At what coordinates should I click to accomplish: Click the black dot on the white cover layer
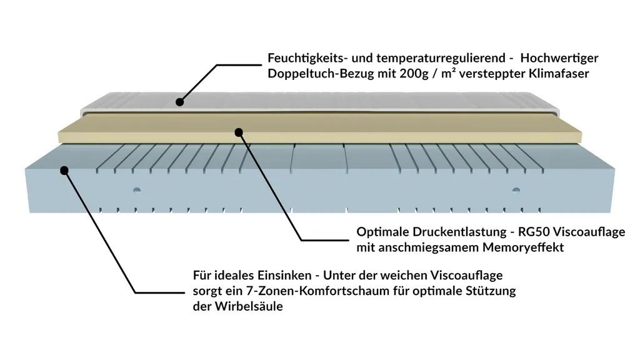click(180, 101)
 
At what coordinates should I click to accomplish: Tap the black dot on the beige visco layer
click(238, 131)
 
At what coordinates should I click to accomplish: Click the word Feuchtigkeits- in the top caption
click(307, 58)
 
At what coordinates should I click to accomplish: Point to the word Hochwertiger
click(559, 58)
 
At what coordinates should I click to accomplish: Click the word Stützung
click(491, 291)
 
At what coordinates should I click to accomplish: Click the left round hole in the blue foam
click(137, 189)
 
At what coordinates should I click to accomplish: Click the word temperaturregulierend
click(434, 58)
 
